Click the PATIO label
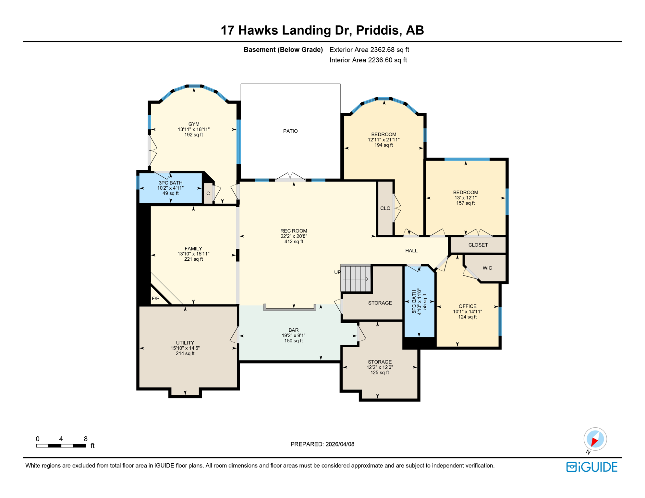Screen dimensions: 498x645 [x=290, y=131]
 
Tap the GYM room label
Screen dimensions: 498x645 [x=194, y=124]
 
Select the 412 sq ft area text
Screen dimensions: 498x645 [x=294, y=242]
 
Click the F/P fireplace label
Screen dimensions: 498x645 [x=155, y=298]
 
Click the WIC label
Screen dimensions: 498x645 [x=487, y=268]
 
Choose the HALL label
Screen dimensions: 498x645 [x=411, y=251]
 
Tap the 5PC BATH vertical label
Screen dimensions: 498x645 [x=414, y=302]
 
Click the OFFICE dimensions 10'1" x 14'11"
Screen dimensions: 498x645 [x=467, y=312]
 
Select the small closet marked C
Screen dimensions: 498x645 [x=208, y=194]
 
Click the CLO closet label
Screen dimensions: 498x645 [x=385, y=208]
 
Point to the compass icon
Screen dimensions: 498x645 [x=595, y=439]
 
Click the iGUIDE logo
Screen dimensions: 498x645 [x=592, y=467]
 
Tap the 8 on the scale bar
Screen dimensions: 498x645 [x=86, y=439]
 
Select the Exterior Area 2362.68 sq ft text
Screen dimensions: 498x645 [x=369, y=50]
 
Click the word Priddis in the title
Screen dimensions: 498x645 [x=377, y=30]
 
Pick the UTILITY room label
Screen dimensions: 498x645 [x=185, y=343]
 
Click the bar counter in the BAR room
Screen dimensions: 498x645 [x=290, y=309]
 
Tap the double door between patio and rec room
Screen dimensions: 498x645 [x=290, y=178]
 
